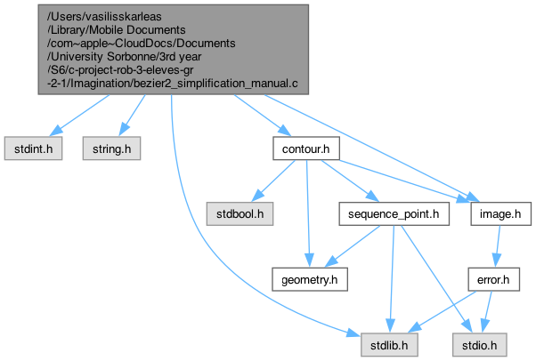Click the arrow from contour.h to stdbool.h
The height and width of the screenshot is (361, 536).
coord(272,181)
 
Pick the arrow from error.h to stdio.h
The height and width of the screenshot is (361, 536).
coord(486,311)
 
